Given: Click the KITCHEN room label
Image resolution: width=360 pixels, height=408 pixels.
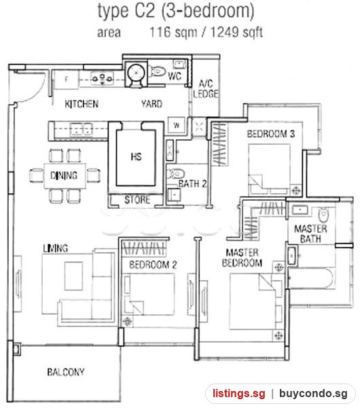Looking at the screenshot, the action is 82,104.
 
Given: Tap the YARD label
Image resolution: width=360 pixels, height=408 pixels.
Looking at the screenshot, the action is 151,104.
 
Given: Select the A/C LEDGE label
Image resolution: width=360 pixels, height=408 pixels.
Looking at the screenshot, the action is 205,88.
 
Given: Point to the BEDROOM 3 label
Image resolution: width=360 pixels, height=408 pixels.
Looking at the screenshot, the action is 270,134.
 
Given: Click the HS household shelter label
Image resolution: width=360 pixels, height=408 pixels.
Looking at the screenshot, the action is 137,156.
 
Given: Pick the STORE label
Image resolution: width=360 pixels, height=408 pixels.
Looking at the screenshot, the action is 137,199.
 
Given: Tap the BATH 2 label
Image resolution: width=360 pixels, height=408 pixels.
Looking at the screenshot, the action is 192,184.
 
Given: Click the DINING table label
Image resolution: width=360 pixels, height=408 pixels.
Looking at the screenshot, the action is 64,175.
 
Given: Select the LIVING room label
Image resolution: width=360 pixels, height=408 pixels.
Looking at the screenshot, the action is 56,248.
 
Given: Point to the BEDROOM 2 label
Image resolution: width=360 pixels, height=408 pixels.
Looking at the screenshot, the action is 153,265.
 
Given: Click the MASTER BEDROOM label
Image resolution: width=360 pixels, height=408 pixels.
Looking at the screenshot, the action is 242,258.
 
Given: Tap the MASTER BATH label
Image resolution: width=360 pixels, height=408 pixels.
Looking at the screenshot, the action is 310,234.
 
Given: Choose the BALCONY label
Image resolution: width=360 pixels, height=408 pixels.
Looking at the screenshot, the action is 66,372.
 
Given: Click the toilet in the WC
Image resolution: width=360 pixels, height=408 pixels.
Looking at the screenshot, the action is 158,71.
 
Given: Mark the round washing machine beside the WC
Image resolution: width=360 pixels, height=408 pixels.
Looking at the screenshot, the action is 136,72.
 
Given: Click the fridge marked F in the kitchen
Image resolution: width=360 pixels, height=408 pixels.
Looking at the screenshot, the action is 67,80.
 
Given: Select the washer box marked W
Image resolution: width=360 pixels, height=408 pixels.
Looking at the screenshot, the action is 177,125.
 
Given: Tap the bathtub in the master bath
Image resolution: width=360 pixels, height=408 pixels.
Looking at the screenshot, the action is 312,278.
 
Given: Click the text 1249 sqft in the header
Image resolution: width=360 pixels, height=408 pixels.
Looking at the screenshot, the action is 236,33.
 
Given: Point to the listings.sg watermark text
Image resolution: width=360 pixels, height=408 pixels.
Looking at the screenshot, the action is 239,393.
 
